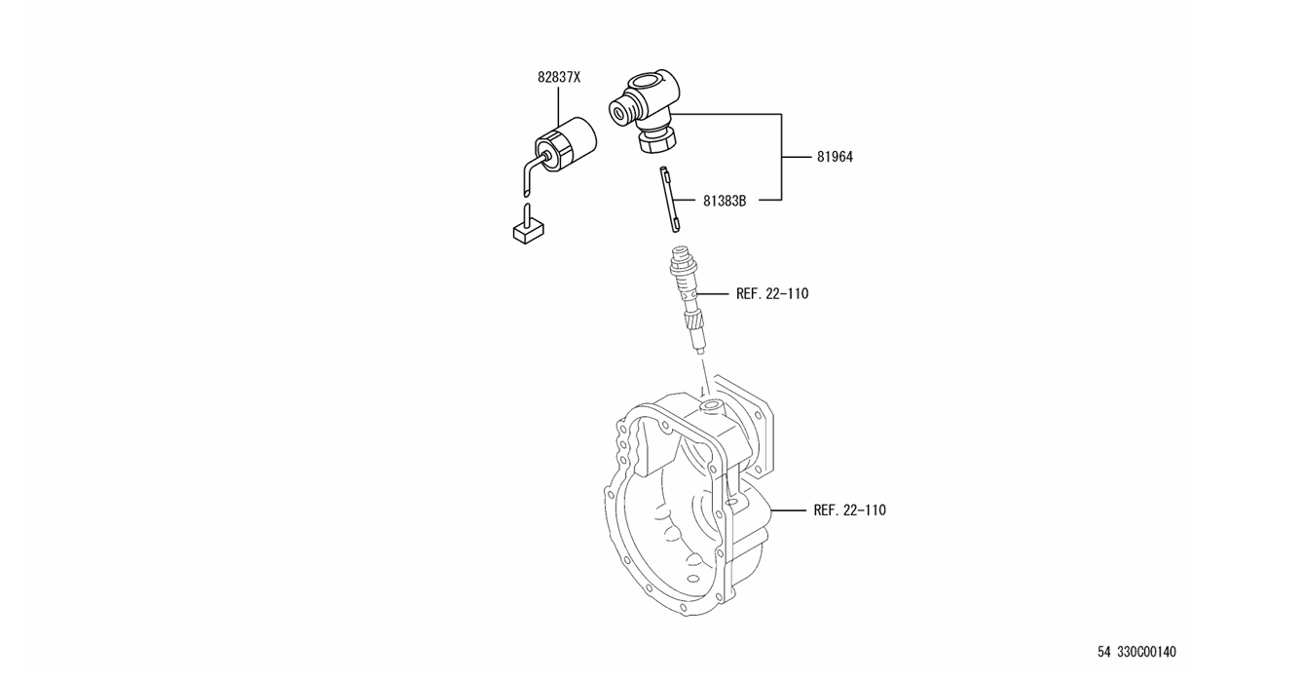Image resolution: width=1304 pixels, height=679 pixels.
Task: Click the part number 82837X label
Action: click(x=558, y=77)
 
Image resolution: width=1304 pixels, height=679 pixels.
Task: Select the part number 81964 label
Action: click(x=834, y=157)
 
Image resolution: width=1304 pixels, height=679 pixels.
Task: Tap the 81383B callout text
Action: click(x=724, y=202)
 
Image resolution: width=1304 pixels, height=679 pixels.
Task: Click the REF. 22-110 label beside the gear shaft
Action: click(x=771, y=293)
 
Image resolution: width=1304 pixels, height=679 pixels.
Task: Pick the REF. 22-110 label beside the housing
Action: click(x=849, y=510)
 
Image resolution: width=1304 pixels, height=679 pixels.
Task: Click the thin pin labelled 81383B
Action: click(x=668, y=200)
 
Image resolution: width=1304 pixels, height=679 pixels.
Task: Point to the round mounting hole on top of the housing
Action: click(x=710, y=402)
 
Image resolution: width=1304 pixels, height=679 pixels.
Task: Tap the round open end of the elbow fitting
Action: click(x=620, y=110)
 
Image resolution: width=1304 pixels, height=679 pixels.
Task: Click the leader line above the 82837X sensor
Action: click(x=557, y=105)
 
